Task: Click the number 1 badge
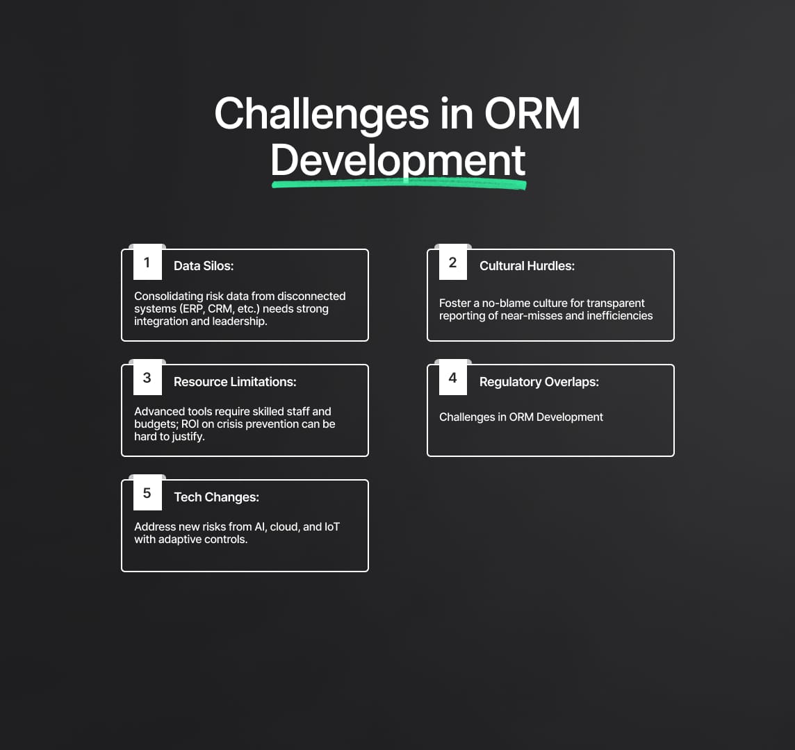(147, 262)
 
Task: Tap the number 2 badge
(453, 262)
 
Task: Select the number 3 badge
(147, 378)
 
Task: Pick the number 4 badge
(453, 378)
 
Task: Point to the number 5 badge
(147, 493)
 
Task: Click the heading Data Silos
(204, 266)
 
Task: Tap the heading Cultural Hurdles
(527, 266)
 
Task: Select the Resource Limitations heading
(236, 381)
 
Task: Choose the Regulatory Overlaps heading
(539, 382)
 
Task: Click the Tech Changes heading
(217, 497)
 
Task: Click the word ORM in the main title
(532, 113)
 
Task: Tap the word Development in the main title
(398, 160)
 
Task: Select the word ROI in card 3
(190, 424)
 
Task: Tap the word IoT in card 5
(332, 527)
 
